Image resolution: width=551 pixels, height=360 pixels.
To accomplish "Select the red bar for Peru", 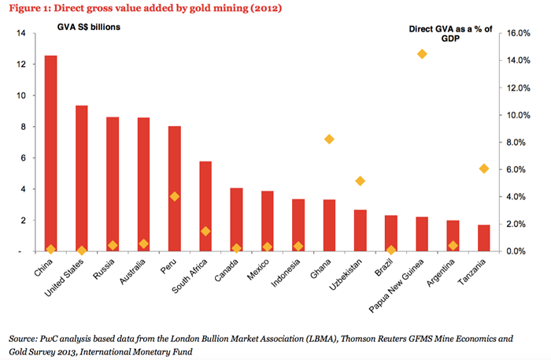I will (x=175, y=189).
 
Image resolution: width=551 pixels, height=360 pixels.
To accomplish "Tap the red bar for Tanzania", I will (x=483, y=238).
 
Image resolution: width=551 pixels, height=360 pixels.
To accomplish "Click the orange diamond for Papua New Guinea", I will (x=422, y=54).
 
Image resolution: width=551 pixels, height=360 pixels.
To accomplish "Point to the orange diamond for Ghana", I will (x=329, y=139).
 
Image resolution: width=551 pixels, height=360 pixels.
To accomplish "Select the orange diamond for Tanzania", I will (x=484, y=169).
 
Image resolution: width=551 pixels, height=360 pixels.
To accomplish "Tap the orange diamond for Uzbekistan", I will (x=361, y=180).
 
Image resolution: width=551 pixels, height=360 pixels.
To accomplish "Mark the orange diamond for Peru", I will (x=175, y=196).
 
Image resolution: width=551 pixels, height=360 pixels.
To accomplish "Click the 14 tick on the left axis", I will (x=22, y=34).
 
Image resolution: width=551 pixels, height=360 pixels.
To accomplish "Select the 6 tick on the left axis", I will (x=24, y=158).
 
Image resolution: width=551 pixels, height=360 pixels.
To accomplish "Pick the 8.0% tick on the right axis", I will (x=521, y=143).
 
